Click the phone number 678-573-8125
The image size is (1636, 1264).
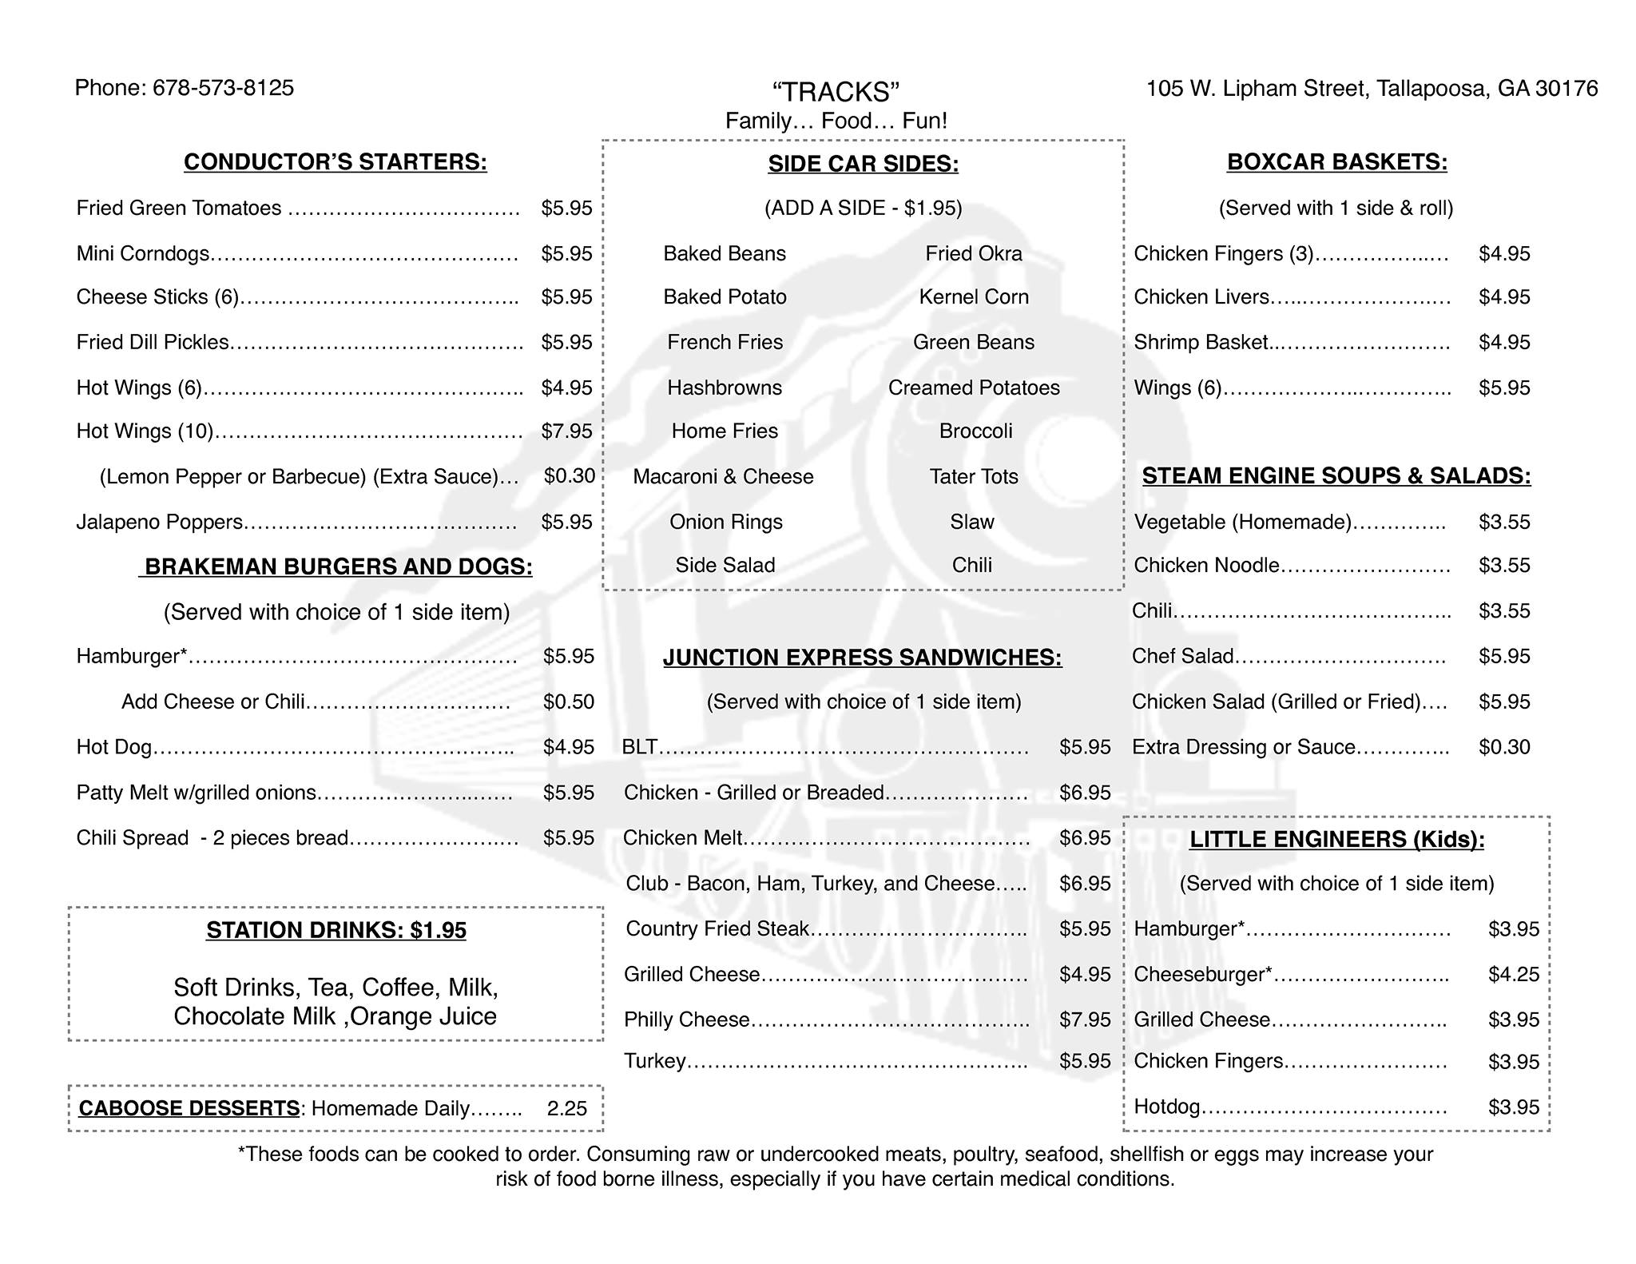click(223, 88)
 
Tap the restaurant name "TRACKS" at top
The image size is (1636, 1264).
click(836, 92)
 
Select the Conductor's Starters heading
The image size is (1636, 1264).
click(335, 162)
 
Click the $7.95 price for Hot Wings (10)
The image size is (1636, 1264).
click(566, 431)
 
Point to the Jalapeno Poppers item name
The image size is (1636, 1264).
click(159, 523)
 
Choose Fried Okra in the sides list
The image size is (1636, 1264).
click(973, 254)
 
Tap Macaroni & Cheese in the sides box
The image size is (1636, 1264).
click(723, 477)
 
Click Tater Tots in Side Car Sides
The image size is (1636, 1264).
click(973, 477)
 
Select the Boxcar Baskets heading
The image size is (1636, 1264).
click(1336, 162)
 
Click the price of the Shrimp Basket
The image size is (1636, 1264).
click(1504, 343)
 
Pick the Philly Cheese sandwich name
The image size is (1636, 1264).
click(686, 1020)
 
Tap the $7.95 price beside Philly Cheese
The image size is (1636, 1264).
click(1085, 1020)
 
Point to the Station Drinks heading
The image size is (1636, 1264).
click(336, 931)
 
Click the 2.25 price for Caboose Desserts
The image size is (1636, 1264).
click(566, 1109)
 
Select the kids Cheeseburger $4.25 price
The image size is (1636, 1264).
click(1513, 975)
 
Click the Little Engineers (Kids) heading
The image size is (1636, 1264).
click(1336, 840)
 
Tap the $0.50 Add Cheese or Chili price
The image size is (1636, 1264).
click(568, 702)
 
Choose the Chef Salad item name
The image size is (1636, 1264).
click(1182, 657)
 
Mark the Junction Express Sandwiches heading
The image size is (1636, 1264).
click(862, 658)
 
